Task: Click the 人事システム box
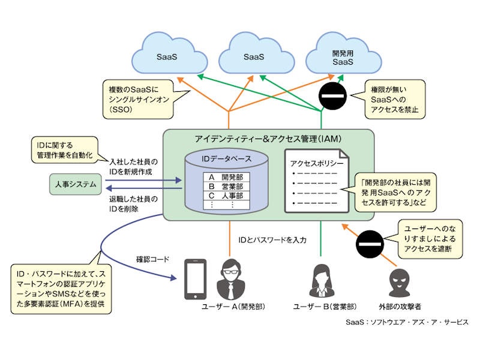tap(73, 185)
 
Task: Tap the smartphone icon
tap(194, 278)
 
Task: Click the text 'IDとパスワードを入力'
tap(272, 240)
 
